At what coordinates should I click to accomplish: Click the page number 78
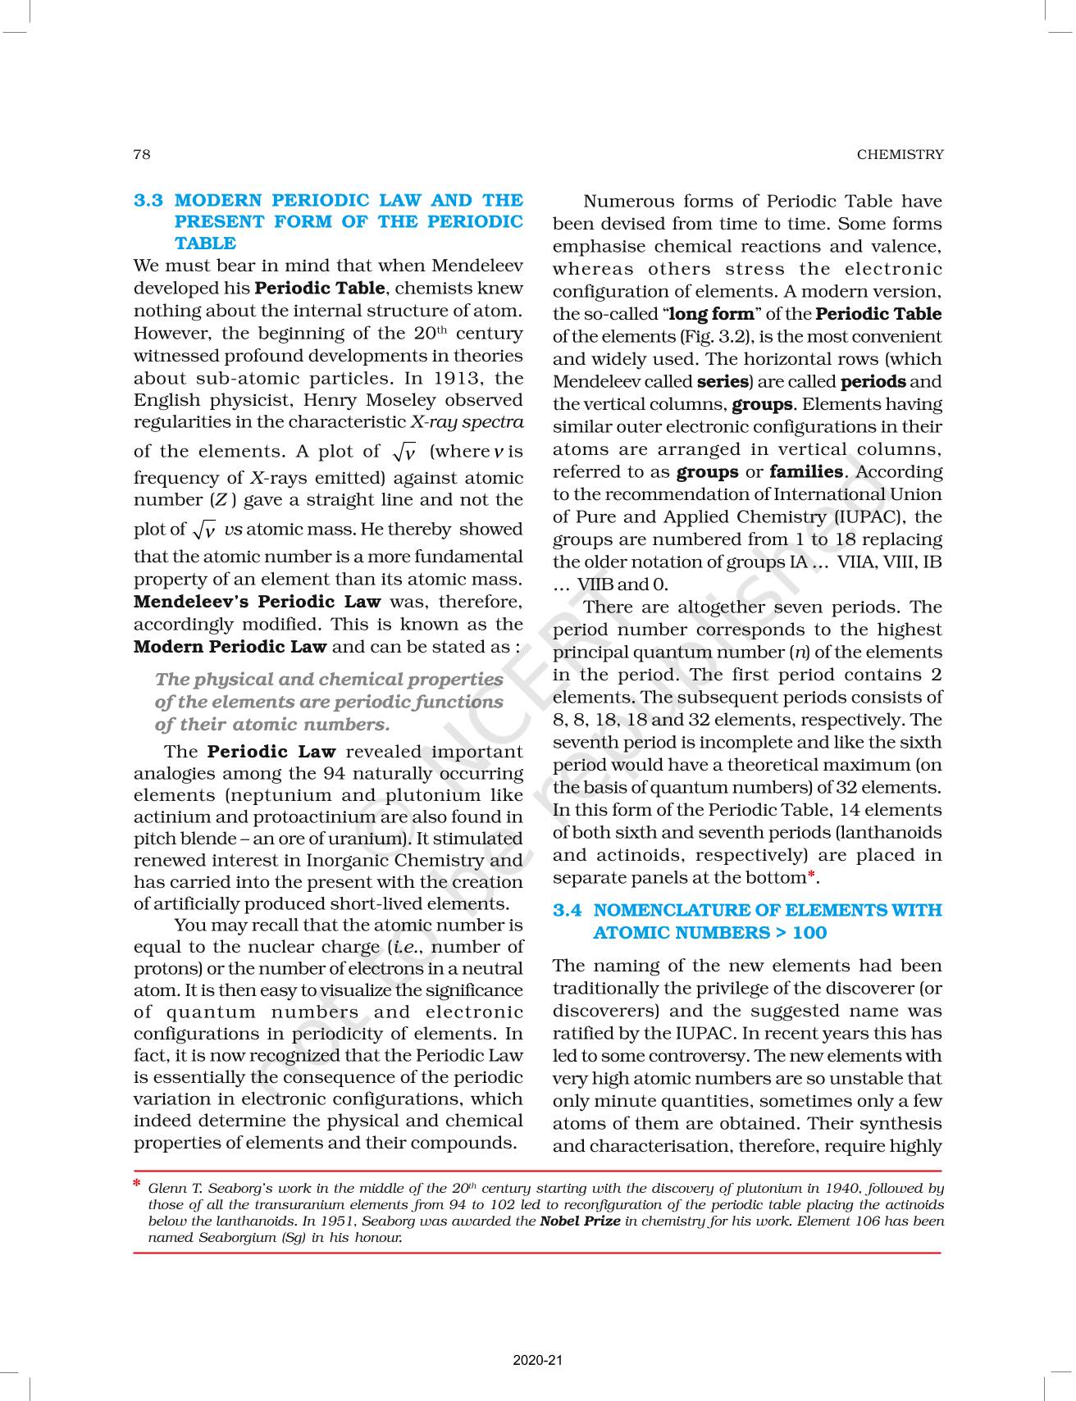click(x=141, y=154)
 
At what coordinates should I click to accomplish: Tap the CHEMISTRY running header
click(x=900, y=154)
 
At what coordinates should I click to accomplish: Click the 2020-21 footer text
click(x=538, y=1361)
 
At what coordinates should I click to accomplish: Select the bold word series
click(x=722, y=382)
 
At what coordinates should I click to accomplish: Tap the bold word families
click(x=806, y=472)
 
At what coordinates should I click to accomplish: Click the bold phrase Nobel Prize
click(x=580, y=1221)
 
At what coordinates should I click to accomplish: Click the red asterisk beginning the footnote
click(x=137, y=1185)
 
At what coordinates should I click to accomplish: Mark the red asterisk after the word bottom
click(x=812, y=876)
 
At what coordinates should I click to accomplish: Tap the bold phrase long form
click(x=712, y=314)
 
